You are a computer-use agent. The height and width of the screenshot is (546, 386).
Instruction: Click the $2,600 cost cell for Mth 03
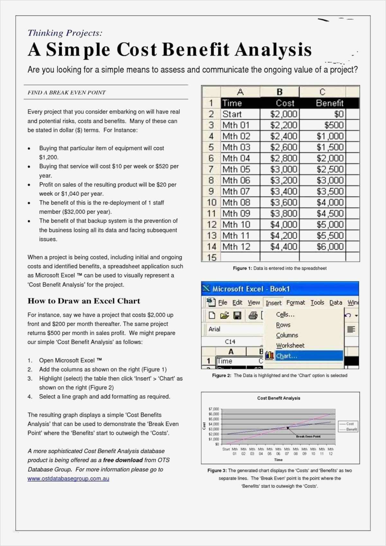click(x=284, y=147)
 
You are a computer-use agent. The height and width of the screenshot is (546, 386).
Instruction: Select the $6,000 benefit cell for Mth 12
click(x=330, y=247)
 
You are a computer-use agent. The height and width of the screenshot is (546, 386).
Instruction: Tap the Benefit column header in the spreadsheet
click(x=329, y=103)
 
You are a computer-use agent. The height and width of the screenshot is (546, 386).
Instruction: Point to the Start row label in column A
click(x=232, y=114)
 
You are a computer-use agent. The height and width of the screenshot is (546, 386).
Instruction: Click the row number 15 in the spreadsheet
click(x=211, y=258)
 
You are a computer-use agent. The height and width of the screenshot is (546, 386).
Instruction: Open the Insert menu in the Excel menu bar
click(x=273, y=303)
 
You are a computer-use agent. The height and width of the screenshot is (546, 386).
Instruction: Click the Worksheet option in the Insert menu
click(x=290, y=345)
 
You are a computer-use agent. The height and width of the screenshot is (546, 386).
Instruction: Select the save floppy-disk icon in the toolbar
click(x=237, y=315)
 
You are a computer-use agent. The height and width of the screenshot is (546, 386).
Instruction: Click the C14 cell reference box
click(x=230, y=342)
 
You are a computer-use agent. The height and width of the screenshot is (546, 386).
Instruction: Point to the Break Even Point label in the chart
click(x=308, y=437)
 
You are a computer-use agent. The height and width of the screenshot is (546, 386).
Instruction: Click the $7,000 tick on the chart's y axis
click(x=214, y=409)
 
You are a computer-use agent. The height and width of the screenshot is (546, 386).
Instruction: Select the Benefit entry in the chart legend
click(x=351, y=429)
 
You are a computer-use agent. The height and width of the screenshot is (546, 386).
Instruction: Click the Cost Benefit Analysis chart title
click(x=279, y=398)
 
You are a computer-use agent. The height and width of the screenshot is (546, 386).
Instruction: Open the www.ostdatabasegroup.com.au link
click(x=68, y=479)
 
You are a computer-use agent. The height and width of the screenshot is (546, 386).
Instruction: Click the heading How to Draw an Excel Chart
click(x=84, y=301)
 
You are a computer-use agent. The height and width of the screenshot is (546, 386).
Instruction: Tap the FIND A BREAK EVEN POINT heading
click(x=67, y=93)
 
